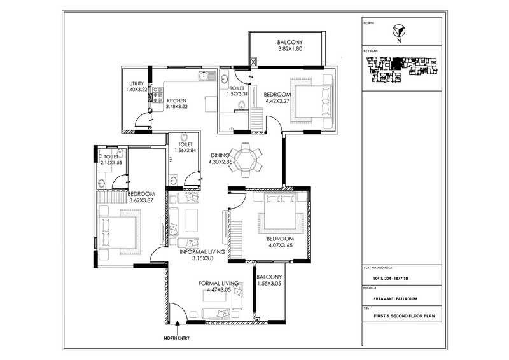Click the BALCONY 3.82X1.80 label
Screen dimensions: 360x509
pyautogui.click(x=286, y=44)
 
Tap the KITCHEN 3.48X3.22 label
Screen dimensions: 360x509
pyautogui.click(x=176, y=104)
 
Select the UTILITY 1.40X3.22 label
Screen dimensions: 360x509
pyautogui.click(x=137, y=87)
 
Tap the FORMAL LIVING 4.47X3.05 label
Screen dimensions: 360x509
pyautogui.click(x=218, y=287)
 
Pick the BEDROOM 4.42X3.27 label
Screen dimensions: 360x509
pyautogui.click(x=277, y=99)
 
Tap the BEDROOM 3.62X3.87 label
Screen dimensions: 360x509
pyautogui.click(x=141, y=197)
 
